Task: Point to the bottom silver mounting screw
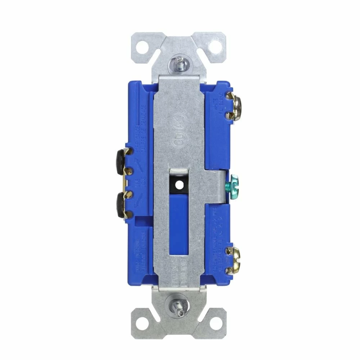coord(179,306)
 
